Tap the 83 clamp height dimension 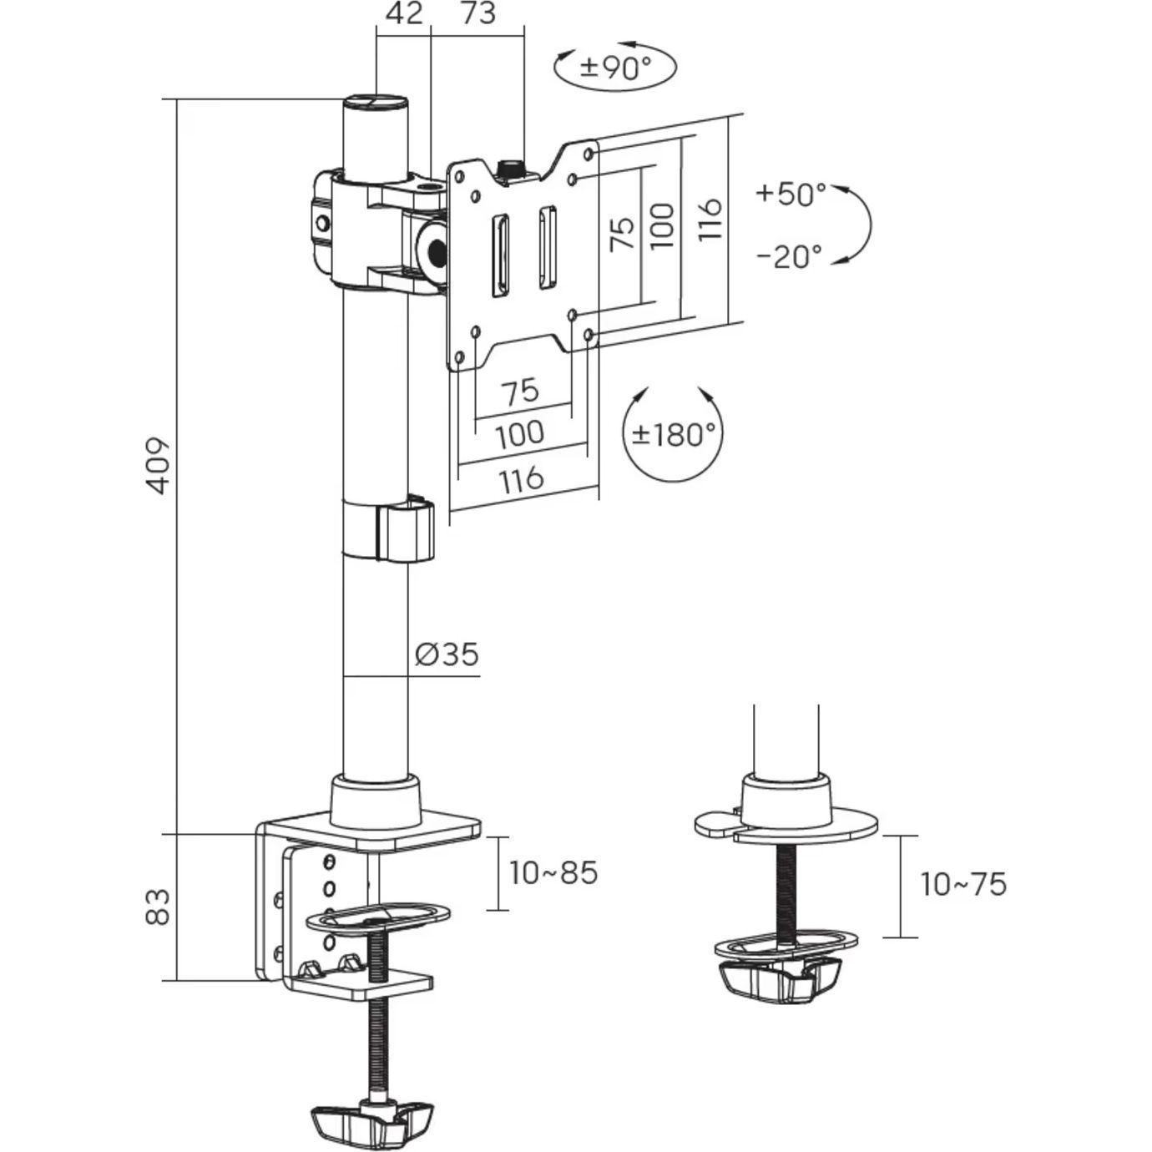159,907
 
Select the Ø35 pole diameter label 447,654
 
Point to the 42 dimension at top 404,14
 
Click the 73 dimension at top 477,14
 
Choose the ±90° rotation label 615,67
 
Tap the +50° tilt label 790,194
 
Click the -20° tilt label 789,255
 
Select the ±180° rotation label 673,434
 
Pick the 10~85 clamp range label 554,873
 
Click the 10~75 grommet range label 963,885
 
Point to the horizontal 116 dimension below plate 522,479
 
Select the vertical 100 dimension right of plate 661,225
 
